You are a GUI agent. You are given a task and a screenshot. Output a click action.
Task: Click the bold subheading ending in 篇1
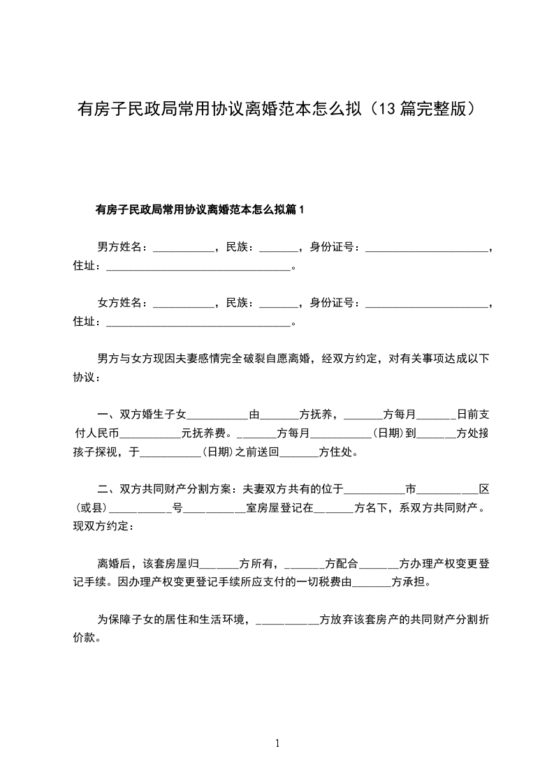pyautogui.click(x=201, y=209)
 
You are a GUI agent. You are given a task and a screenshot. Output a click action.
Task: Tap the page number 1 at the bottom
pyautogui.click(x=277, y=743)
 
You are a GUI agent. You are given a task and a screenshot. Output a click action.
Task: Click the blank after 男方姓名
pyautogui.click(x=183, y=248)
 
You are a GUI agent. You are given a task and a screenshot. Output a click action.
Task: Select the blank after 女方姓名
pyautogui.click(x=183, y=304)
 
